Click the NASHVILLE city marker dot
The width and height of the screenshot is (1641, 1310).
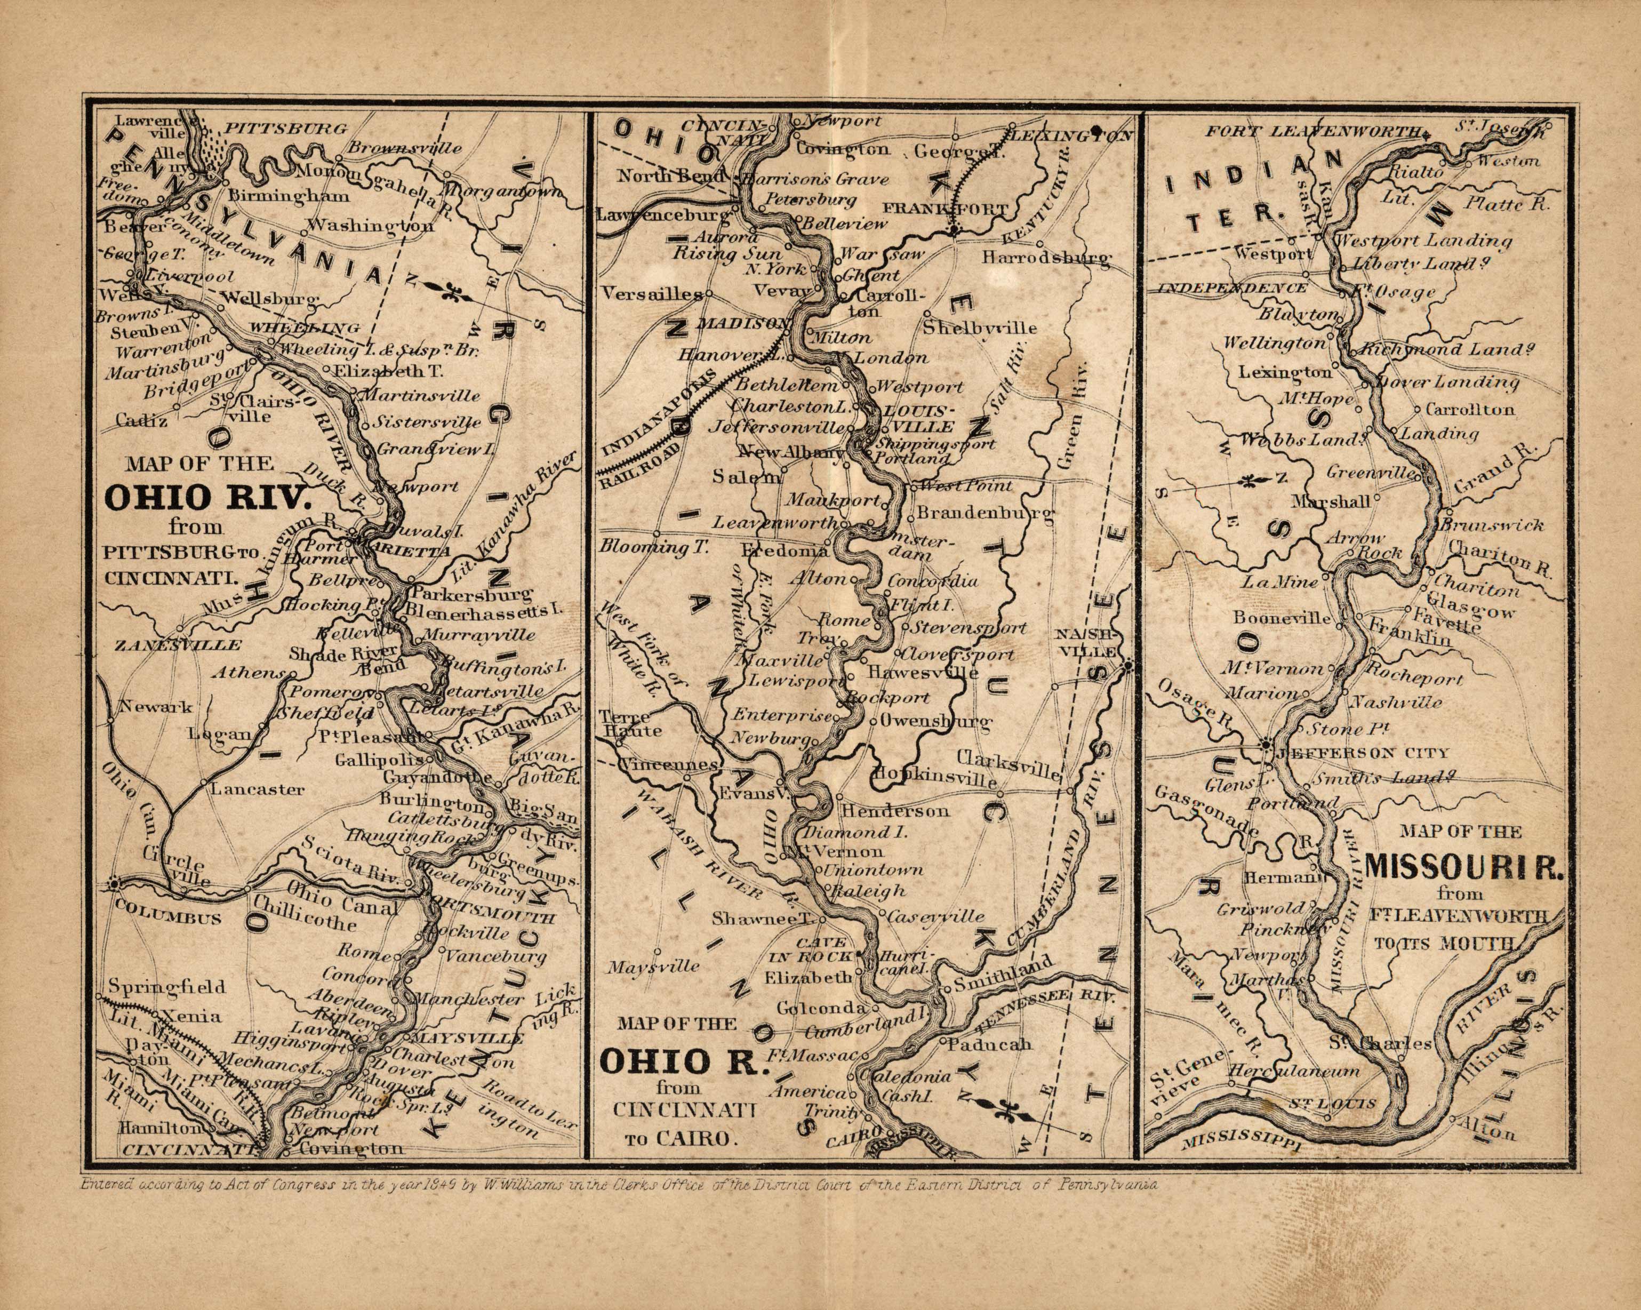click(x=1128, y=666)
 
